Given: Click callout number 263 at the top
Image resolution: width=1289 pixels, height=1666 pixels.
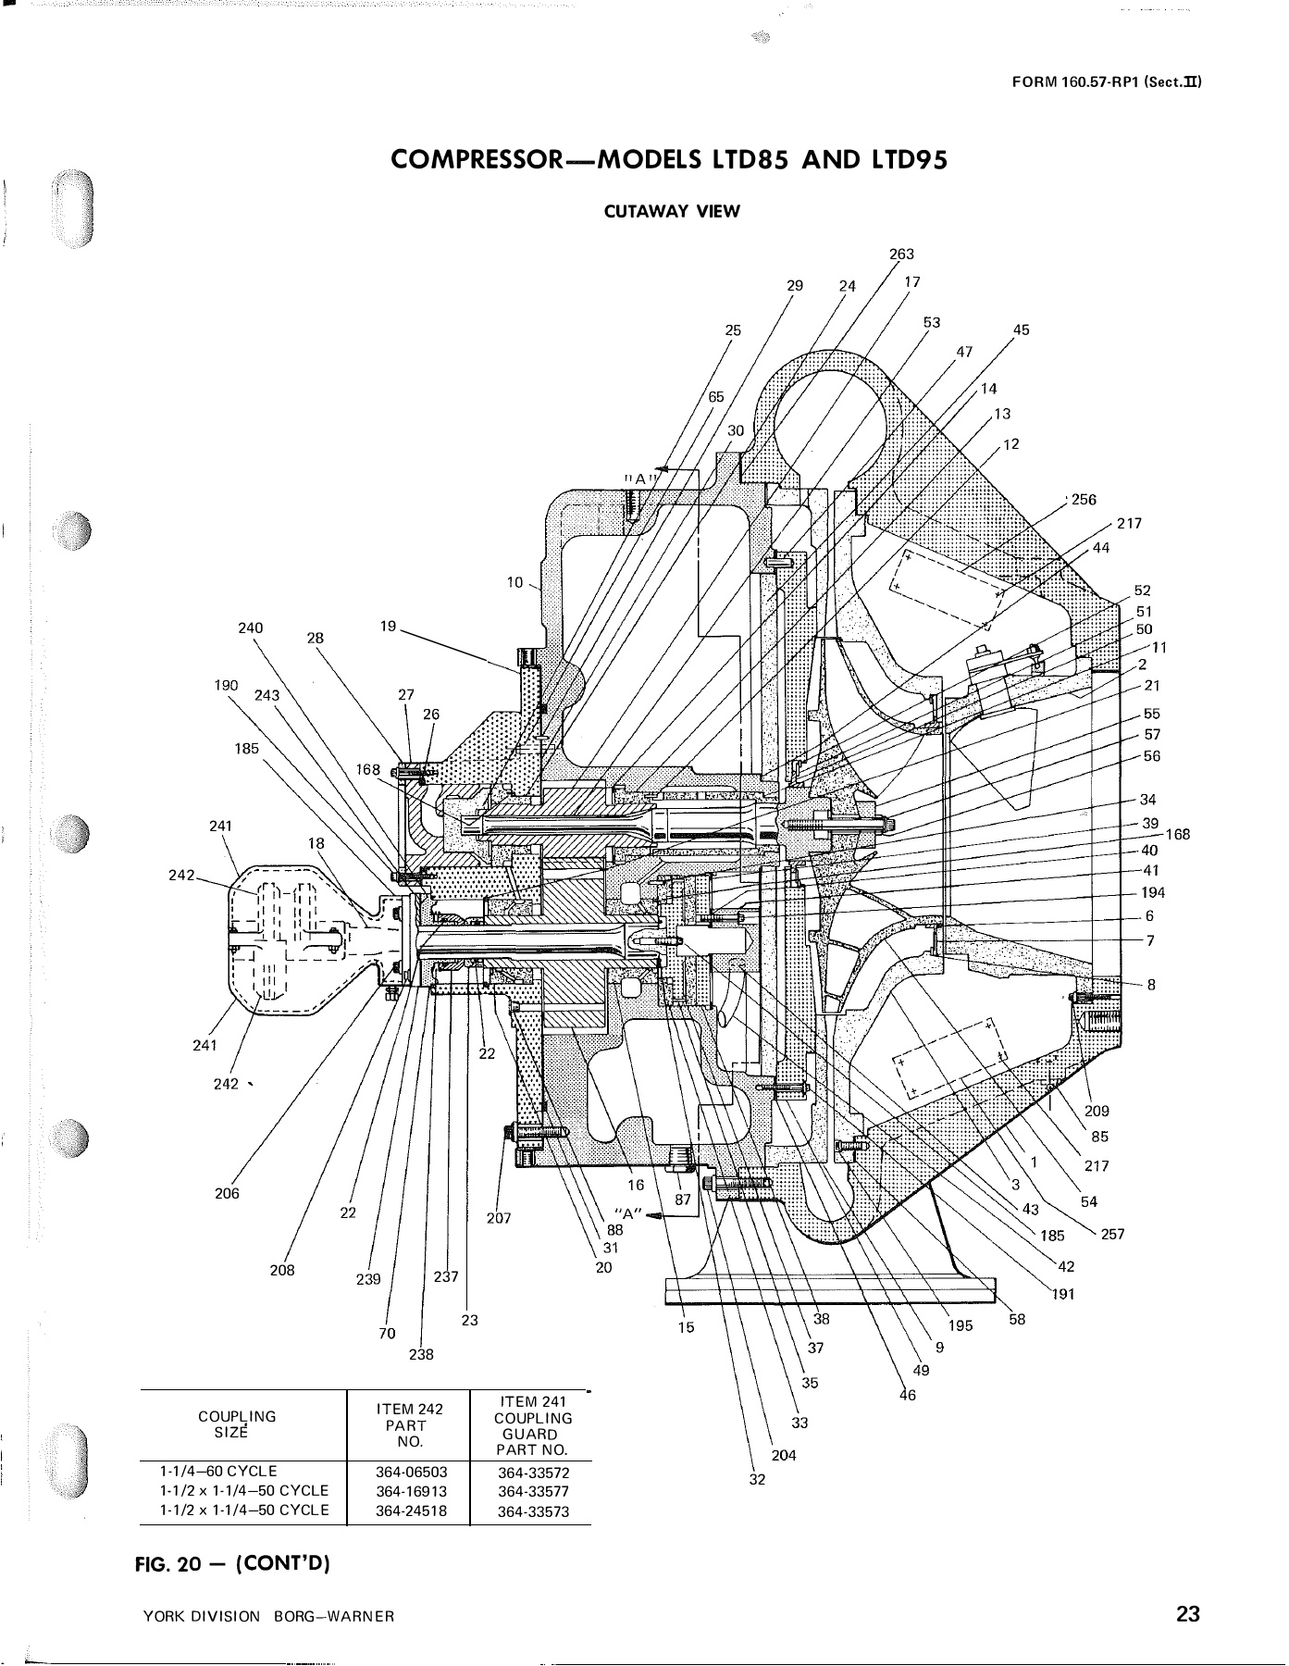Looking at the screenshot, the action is tap(901, 255).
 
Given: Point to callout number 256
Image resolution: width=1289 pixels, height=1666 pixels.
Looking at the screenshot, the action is tap(1084, 500).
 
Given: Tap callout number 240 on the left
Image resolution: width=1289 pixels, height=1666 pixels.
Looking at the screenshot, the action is tap(251, 628).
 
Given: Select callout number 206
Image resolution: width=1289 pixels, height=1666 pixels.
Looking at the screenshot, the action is tap(227, 1194).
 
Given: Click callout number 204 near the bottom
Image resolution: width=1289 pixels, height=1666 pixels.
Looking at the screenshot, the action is tap(784, 1455).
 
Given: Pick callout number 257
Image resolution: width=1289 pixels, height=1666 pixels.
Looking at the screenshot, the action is tap(1112, 1234).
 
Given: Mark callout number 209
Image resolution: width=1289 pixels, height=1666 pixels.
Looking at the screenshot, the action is tap(1097, 1111).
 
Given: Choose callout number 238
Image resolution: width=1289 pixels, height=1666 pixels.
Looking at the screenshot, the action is tap(421, 1354).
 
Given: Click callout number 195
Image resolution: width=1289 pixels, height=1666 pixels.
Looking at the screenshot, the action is tap(961, 1325).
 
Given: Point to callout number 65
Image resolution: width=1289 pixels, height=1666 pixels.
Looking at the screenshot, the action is tap(717, 396).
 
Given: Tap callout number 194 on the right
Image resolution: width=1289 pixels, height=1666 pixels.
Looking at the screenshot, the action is tap(1153, 893).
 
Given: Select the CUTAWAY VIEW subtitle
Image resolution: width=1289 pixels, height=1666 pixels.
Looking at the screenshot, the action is tap(672, 211).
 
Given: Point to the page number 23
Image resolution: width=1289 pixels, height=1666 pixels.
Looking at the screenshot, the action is tap(1188, 1615).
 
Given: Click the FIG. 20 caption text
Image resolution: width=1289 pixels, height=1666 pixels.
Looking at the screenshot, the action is tap(232, 1564).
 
